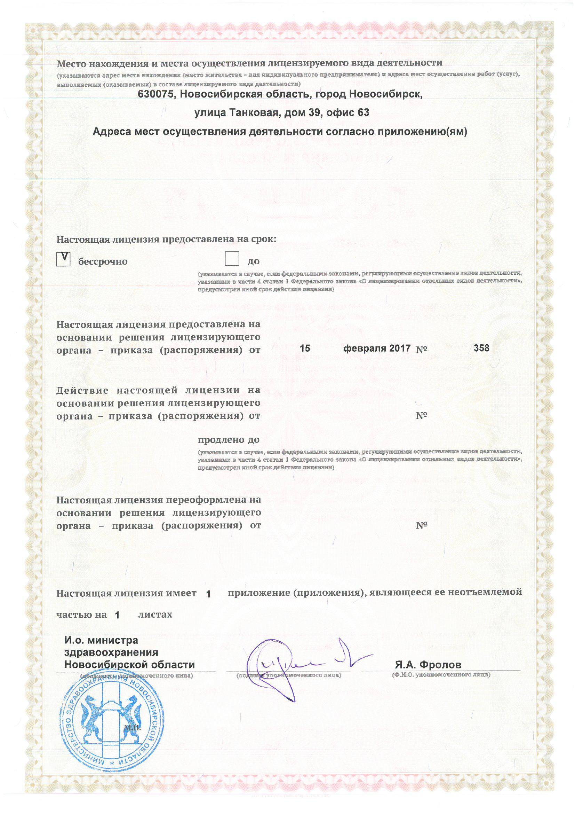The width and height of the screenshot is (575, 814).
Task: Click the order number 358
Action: click(481, 348)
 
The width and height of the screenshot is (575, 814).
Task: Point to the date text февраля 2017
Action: click(377, 348)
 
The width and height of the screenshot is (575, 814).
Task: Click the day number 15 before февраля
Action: click(305, 348)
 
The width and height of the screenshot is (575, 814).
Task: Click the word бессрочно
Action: click(103, 262)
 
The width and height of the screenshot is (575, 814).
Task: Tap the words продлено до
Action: click(229, 440)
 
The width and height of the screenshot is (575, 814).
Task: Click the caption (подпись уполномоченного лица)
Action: click(289, 675)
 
